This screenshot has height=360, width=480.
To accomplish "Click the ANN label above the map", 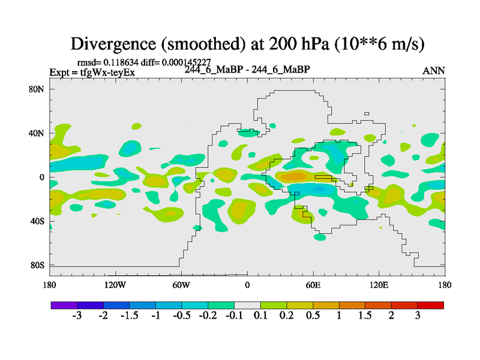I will [x=434, y=71].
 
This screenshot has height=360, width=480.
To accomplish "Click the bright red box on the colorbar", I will [x=431, y=305].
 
